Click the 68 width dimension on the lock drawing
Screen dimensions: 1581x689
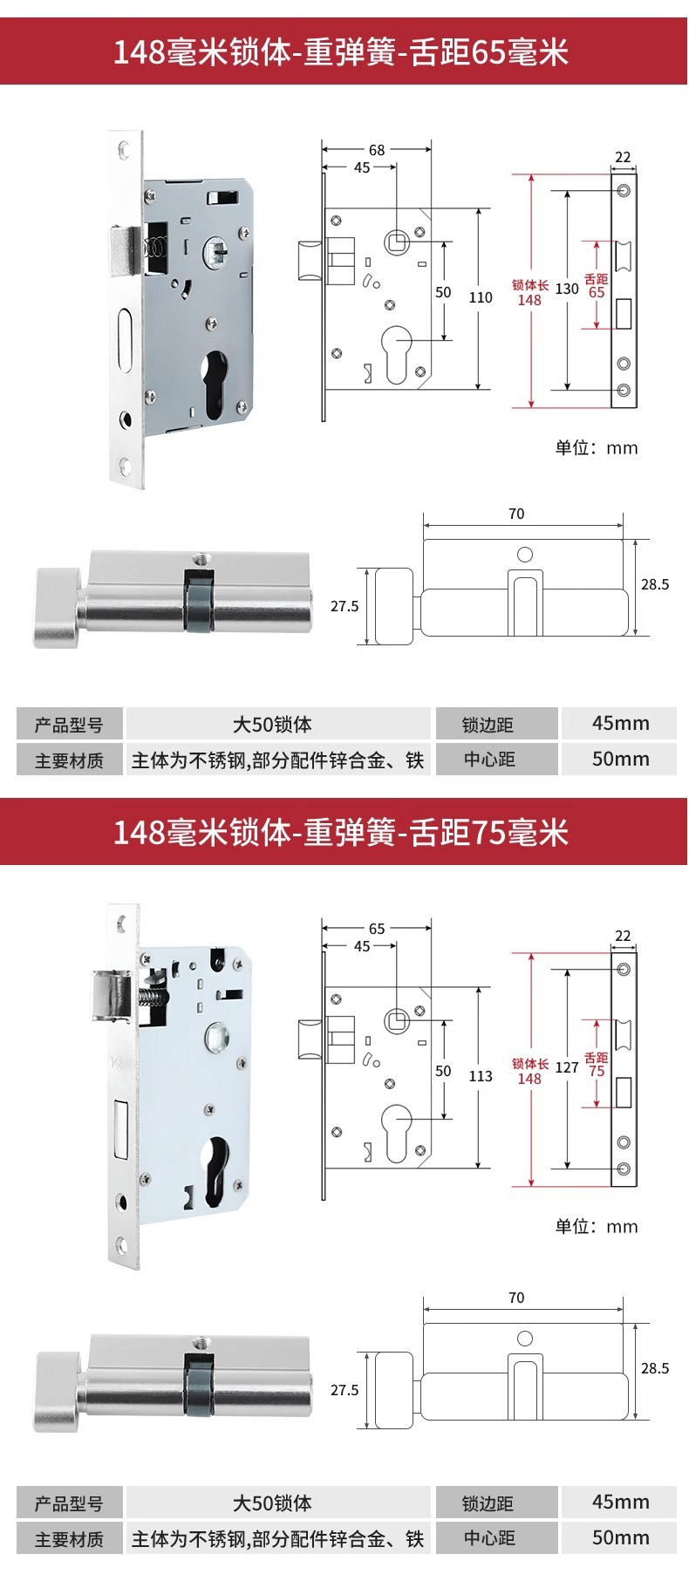pos(377,150)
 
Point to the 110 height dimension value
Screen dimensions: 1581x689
pos(481,297)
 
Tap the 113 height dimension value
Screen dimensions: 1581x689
pos(481,1076)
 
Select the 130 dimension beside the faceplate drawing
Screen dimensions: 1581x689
pos(567,289)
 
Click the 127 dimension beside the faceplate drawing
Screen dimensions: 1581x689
pos(567,1067)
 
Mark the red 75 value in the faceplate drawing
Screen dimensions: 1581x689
pos(597,1071)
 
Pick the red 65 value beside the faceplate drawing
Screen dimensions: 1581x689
pos(597,292)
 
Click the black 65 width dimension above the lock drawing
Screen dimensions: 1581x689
pos(377,929)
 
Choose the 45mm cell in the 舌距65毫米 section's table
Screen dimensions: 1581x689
pos(620,723)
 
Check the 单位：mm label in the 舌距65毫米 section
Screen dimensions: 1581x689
pos(597,448)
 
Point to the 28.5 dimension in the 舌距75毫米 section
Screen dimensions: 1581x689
pos(655,1368)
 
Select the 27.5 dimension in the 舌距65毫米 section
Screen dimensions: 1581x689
pos(344,606)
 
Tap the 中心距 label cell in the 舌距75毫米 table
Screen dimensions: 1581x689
pos(488,1539)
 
